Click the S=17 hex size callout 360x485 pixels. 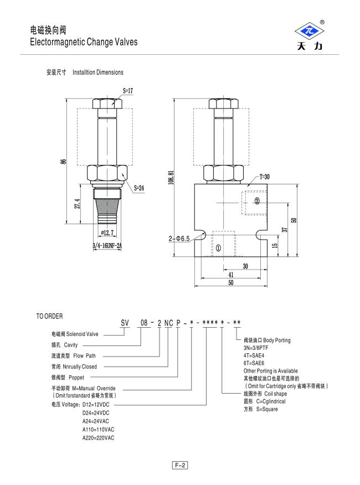pos(128,91)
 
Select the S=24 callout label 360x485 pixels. pos(139,188)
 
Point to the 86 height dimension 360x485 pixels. pos(63,161)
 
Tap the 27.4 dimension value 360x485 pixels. pos(78,204)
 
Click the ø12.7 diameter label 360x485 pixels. pos(107,233)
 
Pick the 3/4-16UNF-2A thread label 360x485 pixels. pos(107,246)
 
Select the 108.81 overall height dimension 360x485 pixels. pos(171,178)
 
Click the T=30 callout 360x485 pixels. pos(264,177)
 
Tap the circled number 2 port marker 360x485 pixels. pos(257,201)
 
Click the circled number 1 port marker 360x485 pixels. pos(218,247)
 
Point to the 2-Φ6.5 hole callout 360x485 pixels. pos(179,239)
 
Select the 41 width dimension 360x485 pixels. pos(231,275)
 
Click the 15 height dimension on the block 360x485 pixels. pos(275,245)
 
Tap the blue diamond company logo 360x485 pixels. pos(309,31)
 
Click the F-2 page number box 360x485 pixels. pos(180,465)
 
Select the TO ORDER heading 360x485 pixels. pos(49,316)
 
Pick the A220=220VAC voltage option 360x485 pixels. pos(98,438)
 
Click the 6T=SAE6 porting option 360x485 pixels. pos(254,363)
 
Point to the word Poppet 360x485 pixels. pos(76,378)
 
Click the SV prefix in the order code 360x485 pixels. pos(125,323)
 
